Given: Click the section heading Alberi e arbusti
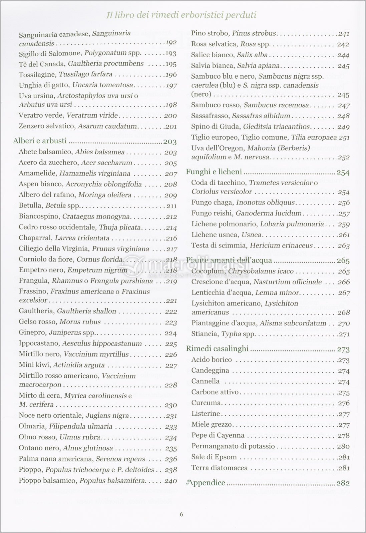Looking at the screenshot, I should [40, 141].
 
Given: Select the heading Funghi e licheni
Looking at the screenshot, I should [214, 172].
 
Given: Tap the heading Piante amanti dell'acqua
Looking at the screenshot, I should [229, 261].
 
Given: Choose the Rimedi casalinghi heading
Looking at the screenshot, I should [217, 348].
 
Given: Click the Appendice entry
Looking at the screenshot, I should [206, 483].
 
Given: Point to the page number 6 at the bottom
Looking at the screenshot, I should [181, 514].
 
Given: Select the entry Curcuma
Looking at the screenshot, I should [206, 403].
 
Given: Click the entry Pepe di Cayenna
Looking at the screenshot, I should [218, 435].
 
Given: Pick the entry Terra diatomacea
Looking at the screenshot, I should [220, 468].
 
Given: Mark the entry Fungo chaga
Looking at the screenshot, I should [213, 203].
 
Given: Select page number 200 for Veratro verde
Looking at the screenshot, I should [170, 116].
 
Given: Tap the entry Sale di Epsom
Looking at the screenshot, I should [214, 457].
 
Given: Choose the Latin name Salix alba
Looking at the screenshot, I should [251, 55].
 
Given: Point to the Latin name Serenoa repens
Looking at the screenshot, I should [120, 459].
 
